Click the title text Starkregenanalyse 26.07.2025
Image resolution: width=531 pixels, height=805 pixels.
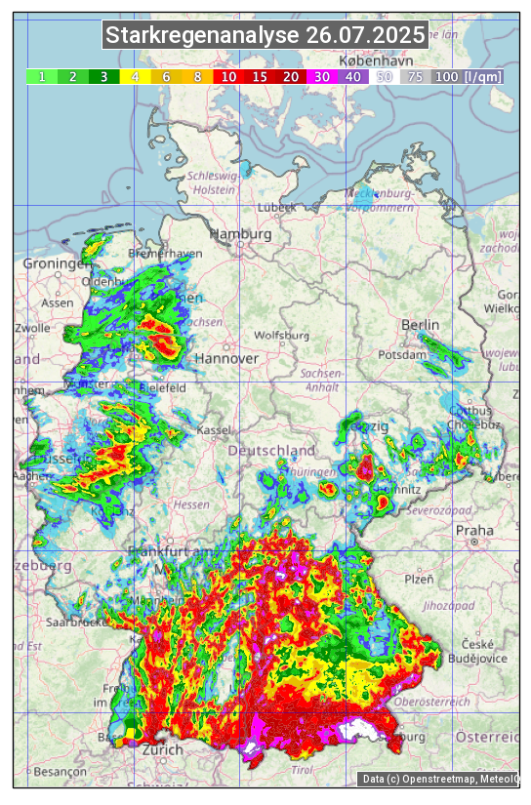point(265,36)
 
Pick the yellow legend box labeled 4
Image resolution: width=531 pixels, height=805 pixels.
point(136,76)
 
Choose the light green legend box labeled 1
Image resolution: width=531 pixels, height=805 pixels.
point(42,76)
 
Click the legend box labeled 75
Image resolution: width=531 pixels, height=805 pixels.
point(415,76)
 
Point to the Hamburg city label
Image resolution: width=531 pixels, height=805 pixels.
point(240,234)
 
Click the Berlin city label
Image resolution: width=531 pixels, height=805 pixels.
point(420,324)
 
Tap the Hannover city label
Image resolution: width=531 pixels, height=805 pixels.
point(230,358)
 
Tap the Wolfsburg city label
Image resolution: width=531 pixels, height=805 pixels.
point(281,336)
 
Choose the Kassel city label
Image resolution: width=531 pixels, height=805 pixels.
point(214,430)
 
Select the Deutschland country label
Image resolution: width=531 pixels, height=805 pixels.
point(271,451)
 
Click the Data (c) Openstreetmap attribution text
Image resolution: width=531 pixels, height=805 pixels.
point(439,779)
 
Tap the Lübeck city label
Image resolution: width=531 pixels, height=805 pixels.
point(276,208)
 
